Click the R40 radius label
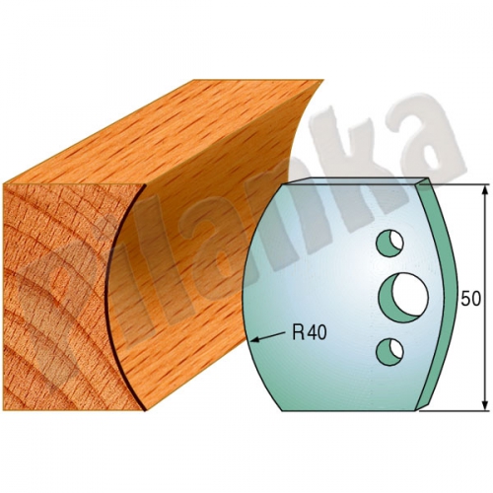(310, 332)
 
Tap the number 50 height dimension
(470, 299)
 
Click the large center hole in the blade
(404, 298)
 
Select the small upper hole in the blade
(390, 243)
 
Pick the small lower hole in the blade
(390, 351)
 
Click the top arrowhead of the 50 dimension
(485, 190)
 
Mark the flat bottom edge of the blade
(348, 410)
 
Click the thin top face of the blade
(355, 181)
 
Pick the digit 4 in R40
(313, 332)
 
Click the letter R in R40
(299, 332)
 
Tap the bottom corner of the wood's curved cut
(145, 410)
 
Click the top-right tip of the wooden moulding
(323, 80)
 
